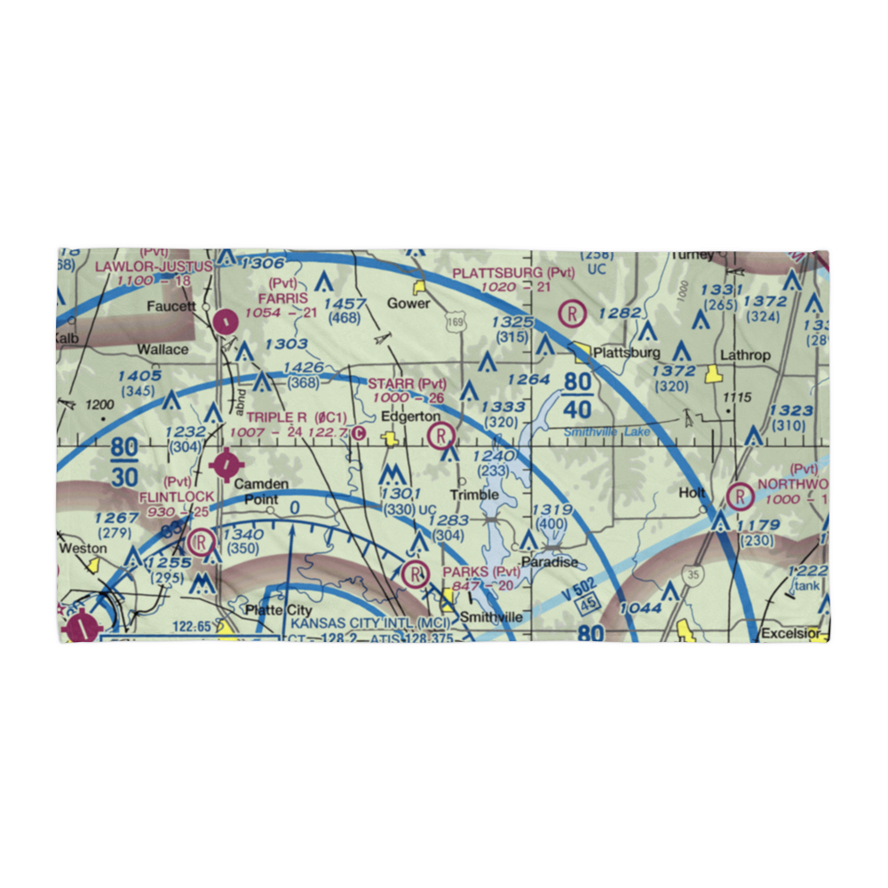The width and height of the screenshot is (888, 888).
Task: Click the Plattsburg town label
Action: click(627, 353)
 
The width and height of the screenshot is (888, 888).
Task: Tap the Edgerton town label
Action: click(409, 416)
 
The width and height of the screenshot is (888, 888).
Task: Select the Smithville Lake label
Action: click(607, 432)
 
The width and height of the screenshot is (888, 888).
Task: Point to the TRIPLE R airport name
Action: click(276, 417)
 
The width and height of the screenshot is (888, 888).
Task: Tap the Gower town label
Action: click(408, 304)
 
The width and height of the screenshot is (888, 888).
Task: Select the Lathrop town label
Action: click(745, 355)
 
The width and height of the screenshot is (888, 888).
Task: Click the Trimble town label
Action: click(474, 495)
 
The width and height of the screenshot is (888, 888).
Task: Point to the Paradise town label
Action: click(550, 562)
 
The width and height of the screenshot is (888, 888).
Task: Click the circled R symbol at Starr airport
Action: click(440, 435)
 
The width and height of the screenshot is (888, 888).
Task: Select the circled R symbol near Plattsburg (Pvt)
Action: click(574, 313)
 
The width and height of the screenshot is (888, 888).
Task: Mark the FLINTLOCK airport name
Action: click(176, 496)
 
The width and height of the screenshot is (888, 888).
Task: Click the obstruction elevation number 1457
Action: click(346, 304)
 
